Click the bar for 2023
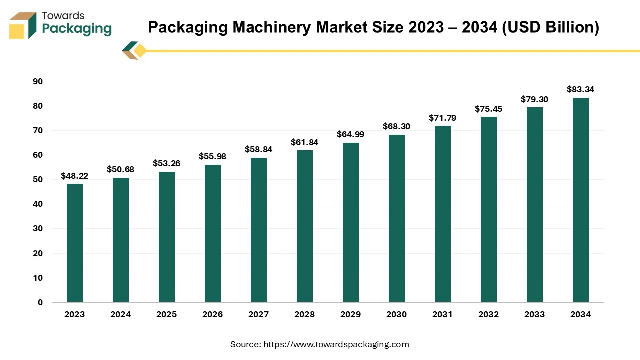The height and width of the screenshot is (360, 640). click(x=75, y=243)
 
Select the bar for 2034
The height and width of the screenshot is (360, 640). click(x=580, y=200)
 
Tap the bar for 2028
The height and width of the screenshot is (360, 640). click(x=305, y=226)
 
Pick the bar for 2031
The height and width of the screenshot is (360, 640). click(x=443, y=214)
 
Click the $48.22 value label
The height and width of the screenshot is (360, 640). click(x=75, y=176)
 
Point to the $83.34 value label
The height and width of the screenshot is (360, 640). click(x=580, y=90)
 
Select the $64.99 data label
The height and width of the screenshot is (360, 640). click(x=351, y=134)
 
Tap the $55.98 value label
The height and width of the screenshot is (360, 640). click(x=213, y=157)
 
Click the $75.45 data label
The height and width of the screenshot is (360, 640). click(x=489, y=109)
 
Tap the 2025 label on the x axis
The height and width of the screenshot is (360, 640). click(x=167, y=315)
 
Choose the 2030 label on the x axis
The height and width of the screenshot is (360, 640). click(x=397, y=315)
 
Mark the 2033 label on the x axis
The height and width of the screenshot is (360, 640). click(x=535, y=315)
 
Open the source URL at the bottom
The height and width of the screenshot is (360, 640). click(x=336, y=344)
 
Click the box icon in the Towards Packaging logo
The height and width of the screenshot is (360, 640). click(x=23, y=25)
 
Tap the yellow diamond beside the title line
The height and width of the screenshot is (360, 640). click(x=140, y=51)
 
